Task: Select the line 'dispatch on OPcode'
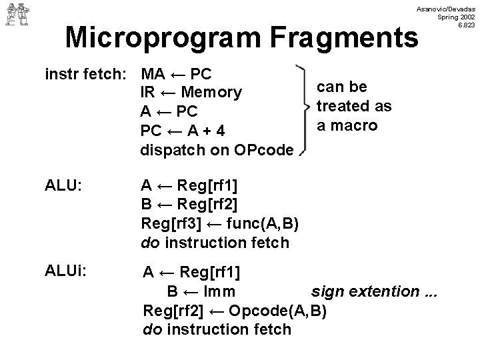(x=216, y=150)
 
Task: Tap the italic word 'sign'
(x=327, y=291)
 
